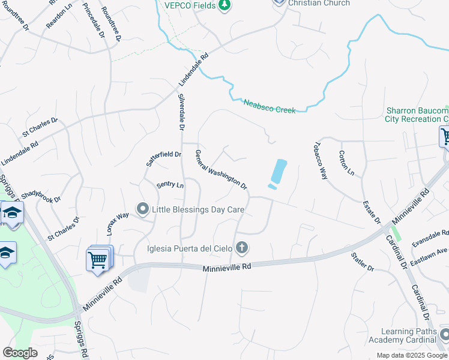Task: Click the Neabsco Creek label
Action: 269,106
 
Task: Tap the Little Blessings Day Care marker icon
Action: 142,209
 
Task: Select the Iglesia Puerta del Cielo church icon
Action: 242,248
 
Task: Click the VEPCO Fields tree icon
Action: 224,5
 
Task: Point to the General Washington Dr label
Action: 221,170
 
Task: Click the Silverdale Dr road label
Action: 182,112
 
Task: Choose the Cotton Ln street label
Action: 347,163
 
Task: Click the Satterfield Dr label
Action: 164,158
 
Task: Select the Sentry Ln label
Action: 170,185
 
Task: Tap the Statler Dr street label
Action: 363,262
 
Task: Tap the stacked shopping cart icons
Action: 99,259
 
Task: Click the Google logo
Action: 20,353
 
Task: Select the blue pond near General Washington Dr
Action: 277,173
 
